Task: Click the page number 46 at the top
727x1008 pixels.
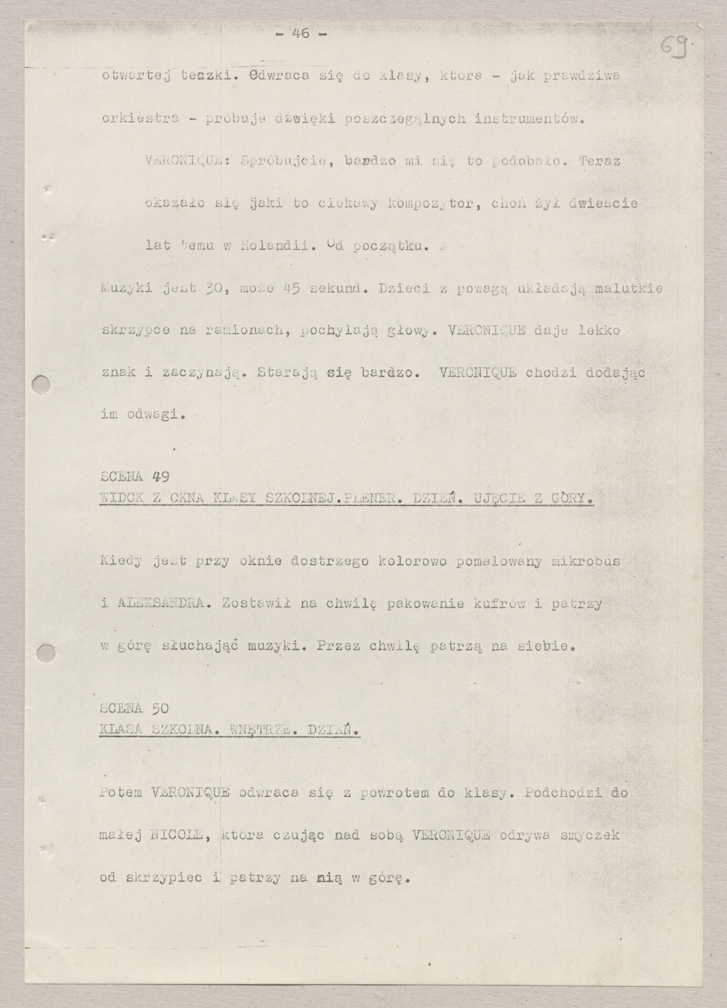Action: [x=301, y=34]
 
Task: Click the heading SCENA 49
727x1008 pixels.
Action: [x=133, y=476]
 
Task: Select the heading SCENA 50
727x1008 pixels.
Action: [x=133, y=708]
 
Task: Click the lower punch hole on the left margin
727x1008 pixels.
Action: [x=46, y=654]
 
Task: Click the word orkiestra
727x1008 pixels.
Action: [x=140, y=119]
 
